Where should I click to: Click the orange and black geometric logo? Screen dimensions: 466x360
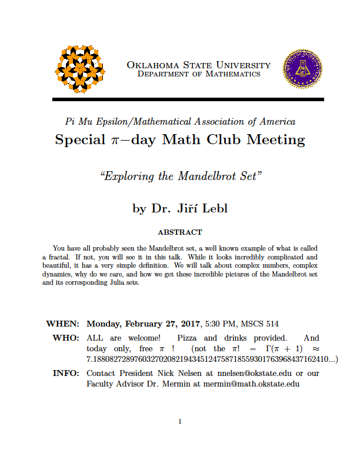(79, 69)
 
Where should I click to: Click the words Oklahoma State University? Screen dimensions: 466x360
(199, 65)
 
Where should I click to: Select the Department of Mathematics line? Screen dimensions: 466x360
(199, 75)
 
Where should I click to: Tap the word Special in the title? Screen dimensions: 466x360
(83, 141)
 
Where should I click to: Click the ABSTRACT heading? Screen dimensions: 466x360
(180, 232)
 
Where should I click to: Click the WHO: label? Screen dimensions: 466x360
(66, 338)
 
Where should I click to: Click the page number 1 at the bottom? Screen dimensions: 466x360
(180, 421)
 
